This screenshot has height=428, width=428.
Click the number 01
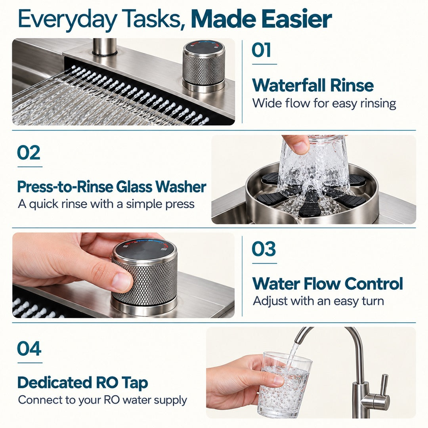pos(261,50)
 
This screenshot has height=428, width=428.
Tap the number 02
pos(29,153)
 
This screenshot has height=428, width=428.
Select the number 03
pos(264,249)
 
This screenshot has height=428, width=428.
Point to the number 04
pos(29,349)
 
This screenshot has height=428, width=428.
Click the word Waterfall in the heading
pos(289,85)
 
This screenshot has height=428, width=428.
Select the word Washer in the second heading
pos(181,187)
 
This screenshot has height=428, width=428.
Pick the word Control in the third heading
pos(374,284)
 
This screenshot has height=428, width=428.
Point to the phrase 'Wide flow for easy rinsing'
pos(324,104)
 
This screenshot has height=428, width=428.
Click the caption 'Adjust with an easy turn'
pos(318,301)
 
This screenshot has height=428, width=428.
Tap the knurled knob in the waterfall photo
pos(204,67)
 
